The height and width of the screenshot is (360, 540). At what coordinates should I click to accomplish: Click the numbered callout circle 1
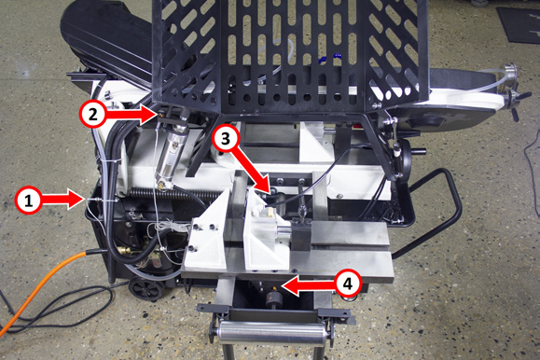(29, 201)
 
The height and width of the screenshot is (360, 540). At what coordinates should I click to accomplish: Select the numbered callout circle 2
(93, 114)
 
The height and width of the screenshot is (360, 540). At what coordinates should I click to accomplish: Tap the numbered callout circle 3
(225, 139)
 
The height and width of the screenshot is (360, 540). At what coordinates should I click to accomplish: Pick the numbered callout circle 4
(348, 284)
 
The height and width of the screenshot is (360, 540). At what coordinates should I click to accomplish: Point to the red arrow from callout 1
(63, 200)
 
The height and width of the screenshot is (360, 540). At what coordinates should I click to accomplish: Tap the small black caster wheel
(145, 289)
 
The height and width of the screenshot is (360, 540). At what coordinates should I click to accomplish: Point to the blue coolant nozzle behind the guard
(330, 57)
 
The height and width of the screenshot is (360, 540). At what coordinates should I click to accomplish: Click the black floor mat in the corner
(519, 24)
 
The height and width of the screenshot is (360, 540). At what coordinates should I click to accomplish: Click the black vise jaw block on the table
(301, 237)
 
